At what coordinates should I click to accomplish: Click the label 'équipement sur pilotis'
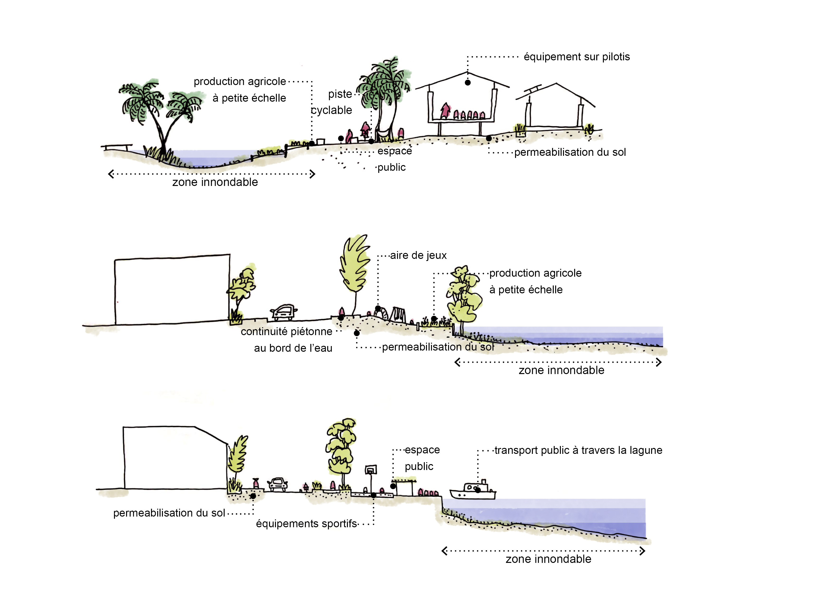coord(577,57)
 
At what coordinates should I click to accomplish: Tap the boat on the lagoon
coord(472,491)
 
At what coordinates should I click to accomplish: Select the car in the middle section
coord(283,312)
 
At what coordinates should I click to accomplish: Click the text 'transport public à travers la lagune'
coord(578,450)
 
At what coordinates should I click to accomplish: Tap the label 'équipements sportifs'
coord(306,524)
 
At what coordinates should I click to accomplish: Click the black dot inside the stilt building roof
coord(468,83)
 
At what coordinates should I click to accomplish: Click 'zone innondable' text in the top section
coord(215,182)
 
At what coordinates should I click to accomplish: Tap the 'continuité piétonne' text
coord(286,332)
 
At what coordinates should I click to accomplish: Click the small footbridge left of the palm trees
coord(116,147)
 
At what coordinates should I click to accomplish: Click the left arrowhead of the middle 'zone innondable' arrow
coord(458,362)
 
